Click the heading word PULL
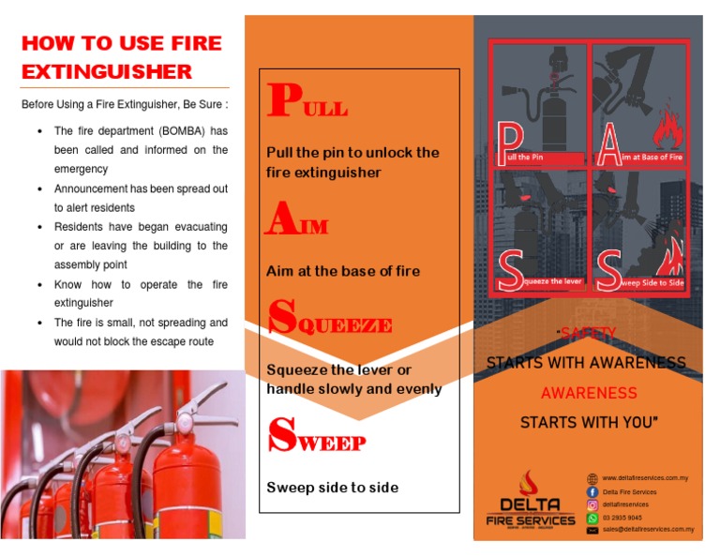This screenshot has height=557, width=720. pyautogui.click(x=307, y=102)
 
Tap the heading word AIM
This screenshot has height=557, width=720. pyautogui.click(x=296, y=220)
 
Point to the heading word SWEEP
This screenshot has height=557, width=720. pyautogui.click(x=316, y=436)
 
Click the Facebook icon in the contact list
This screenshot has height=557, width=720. pyautogui.click(x=592, y=491)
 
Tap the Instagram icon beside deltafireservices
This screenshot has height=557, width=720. pyautogui.click(x=592, y=504)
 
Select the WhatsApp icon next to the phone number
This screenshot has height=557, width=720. pyautogui.click(x=592, y=518)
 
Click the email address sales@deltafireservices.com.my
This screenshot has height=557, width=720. pyautogui.click(x=648, y=530)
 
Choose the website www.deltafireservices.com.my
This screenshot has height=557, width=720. pyautogui.click(x=645, y=478)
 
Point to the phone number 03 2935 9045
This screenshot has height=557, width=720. pyautogui.click(x=622, y=518)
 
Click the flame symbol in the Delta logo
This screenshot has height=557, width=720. pyautogui.click(x=531, y=485)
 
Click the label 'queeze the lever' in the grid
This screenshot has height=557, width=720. pyautogui.click(x=553, y=281)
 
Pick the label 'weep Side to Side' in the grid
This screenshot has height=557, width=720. pyautogui.click(x=652, y=282)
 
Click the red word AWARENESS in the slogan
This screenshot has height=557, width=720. pyautogui.click(x=589, y=393)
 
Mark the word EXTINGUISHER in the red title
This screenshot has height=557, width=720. pyautogui.click(x=107, y=71)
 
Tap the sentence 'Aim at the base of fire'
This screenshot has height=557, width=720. pyautogui.click(x=343, y=271)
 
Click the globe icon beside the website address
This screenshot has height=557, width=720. pyautogui.click(x=592, y=478)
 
